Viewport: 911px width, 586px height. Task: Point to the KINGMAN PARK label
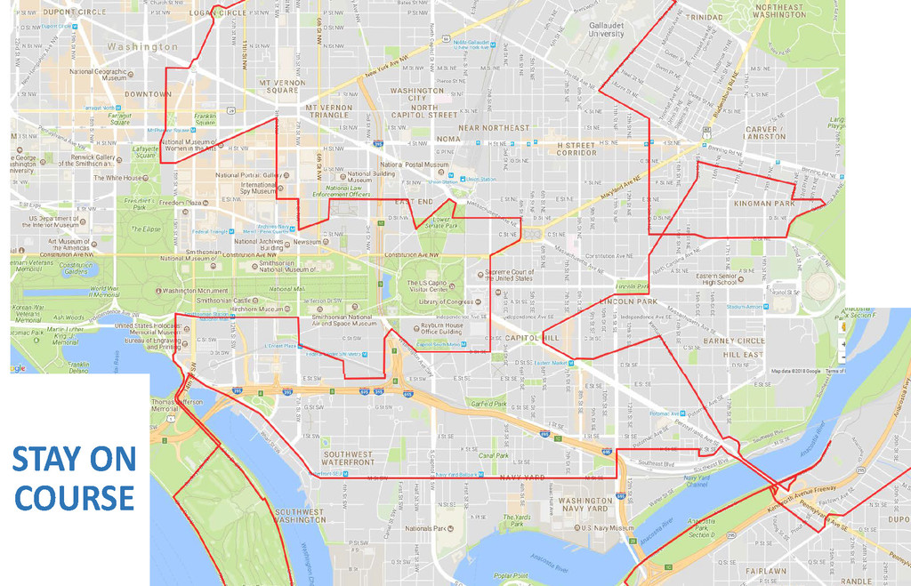pyautogui.click(x=764, y=204)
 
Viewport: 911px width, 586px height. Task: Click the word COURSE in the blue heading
pyautogui.click(x=74, y=497)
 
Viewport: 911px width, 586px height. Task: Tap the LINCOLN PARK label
pyautogui.click(x=627, y=301)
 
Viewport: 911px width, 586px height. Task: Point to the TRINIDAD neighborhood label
pyautogui.click(x=704, y=17)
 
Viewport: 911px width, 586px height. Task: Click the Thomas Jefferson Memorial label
pyautogui.click(x=178, y=406)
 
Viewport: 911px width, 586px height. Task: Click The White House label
pyautogui.click(x=118, y=178)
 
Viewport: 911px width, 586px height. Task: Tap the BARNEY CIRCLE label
pyautogui.click(x=734, y=341)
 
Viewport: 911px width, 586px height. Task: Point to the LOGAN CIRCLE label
pyautogui.click(x=214, y=12)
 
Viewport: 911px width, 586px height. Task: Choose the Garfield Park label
pyautogui.click(x=488, y=404)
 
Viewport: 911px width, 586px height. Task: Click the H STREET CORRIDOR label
pyautogui.click(x=576, y=149)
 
